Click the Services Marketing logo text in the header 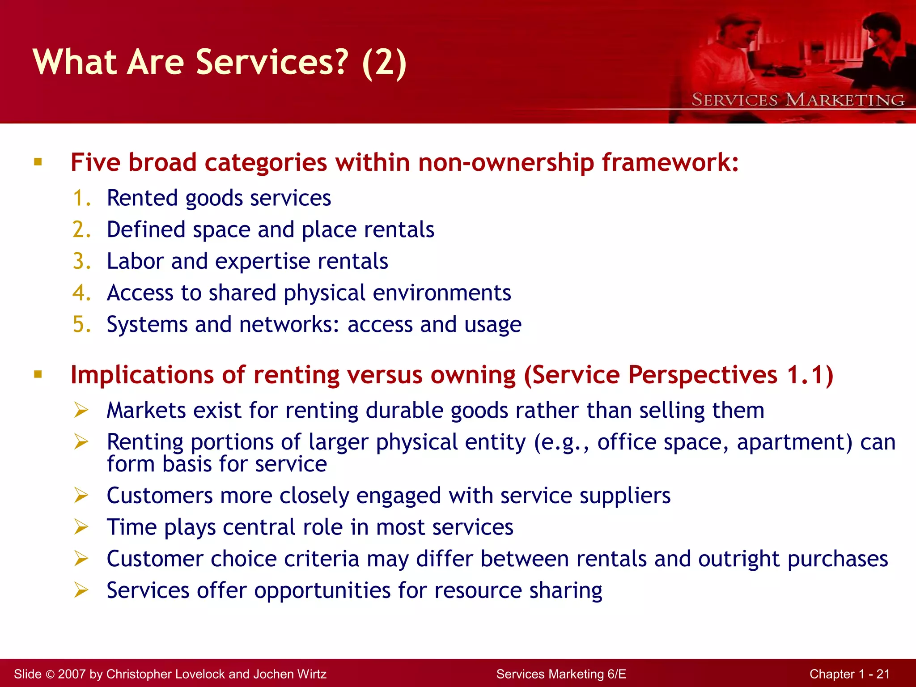point(798,100)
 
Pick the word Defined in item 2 point(146,230)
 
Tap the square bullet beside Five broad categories point(38,162)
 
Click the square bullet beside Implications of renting point(38,374)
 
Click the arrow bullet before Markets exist point(81,410)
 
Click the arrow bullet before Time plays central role point(81,527)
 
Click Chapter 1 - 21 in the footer point(849,674)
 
